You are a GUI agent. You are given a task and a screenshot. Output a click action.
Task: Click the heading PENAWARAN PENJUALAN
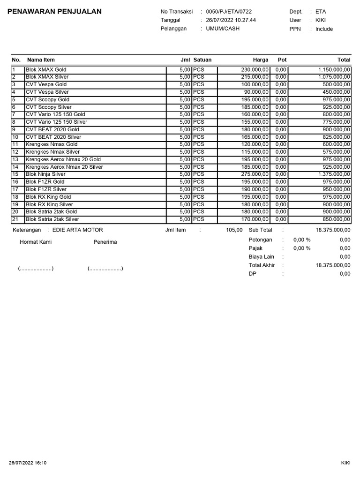[55, 12]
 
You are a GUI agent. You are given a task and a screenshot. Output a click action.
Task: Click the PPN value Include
[324, 29]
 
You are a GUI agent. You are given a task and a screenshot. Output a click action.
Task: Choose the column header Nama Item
[41, 60]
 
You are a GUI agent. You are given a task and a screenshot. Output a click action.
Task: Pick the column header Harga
[261, 60]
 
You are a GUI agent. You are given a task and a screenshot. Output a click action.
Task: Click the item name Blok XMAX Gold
[46, 69]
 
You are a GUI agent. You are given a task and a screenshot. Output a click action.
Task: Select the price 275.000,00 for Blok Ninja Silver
[252, 174]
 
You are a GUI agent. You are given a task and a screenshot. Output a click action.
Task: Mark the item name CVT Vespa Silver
[47, 92]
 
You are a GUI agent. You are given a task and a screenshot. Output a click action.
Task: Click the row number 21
[15, 219]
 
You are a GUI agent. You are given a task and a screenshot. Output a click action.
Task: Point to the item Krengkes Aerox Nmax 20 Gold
[63, 159]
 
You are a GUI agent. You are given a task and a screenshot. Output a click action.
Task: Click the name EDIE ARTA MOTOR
[77, 230]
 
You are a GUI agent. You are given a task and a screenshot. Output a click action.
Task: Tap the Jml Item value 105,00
[234, 230]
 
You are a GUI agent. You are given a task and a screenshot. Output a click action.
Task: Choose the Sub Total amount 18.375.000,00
[333, 230]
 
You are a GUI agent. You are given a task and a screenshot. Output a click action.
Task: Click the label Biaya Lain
[261, 256]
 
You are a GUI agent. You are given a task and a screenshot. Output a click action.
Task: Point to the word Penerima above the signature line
[105, 242]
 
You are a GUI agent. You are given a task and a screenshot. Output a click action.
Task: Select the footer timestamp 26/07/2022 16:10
[28, 463]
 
